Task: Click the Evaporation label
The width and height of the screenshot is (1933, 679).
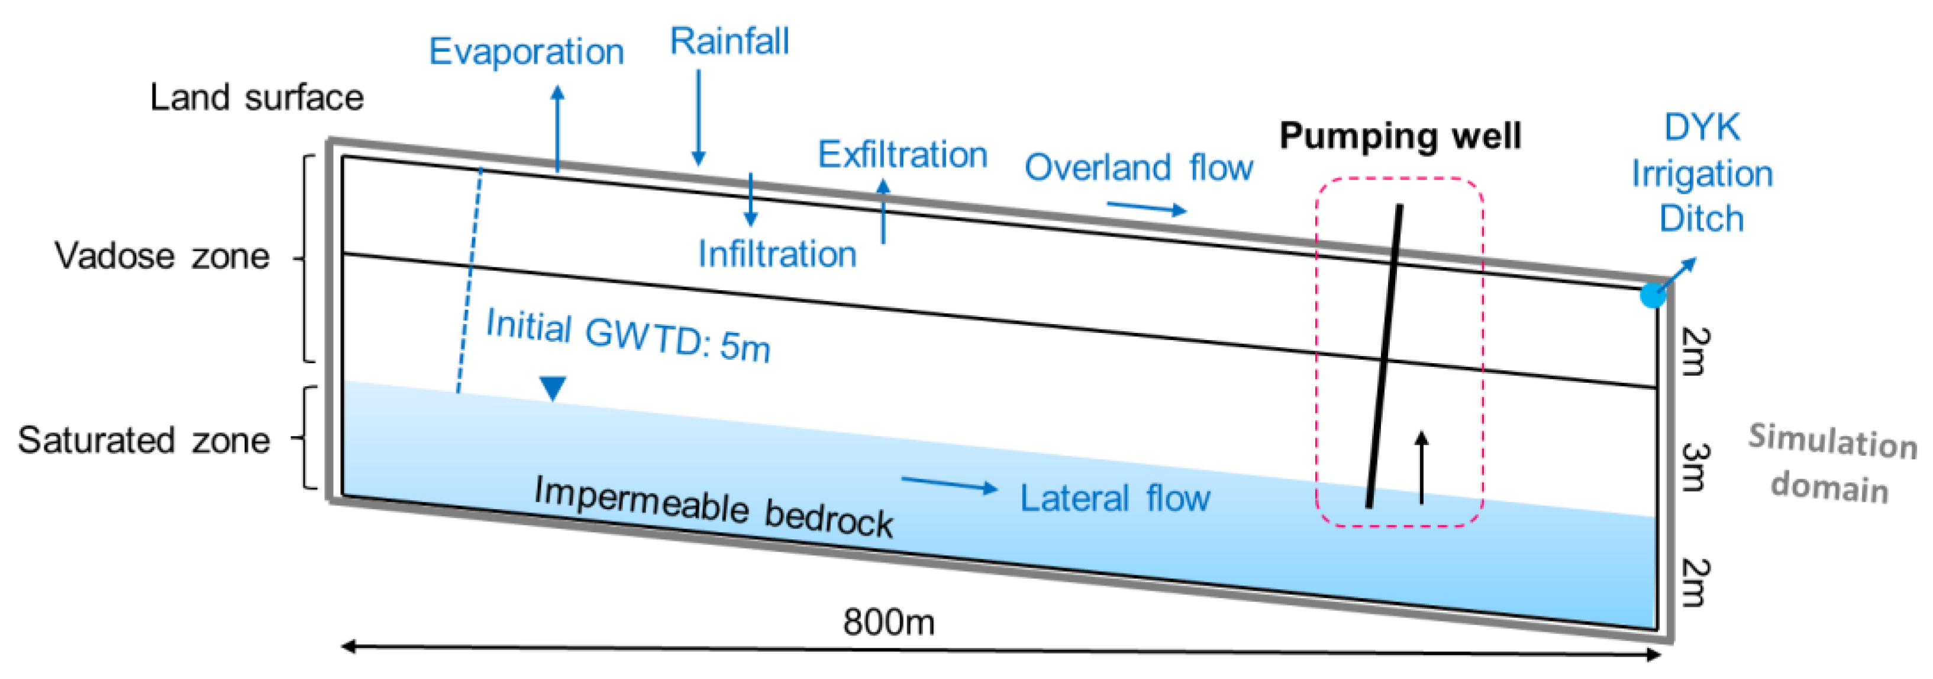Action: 526,52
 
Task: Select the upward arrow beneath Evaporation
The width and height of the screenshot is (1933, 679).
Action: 557,128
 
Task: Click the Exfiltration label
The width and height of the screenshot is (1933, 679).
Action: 902,155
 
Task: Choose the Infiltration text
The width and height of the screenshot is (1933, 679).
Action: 777,254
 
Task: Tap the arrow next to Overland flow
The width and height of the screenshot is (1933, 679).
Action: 1146,207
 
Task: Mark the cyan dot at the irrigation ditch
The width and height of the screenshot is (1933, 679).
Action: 1653,294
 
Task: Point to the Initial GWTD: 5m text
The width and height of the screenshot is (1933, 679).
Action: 628,336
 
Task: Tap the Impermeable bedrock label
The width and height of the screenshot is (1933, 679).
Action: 713,508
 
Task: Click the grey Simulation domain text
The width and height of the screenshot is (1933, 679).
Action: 1831,463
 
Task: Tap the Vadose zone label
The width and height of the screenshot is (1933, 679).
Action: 162,256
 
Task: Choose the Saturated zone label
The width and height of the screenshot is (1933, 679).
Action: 144,440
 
